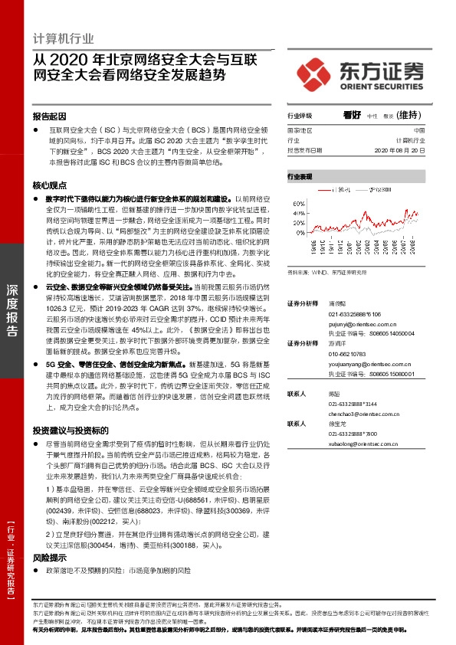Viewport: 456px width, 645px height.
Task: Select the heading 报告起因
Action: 49,117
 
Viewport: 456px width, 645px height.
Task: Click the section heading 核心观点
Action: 49,186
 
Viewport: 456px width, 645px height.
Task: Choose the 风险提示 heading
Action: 49,559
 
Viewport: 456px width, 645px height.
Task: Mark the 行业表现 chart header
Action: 300,176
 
